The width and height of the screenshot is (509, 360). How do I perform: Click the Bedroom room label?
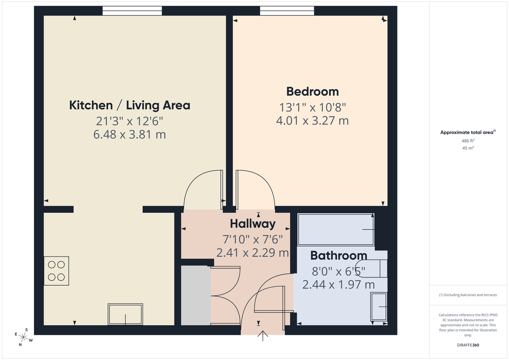313,92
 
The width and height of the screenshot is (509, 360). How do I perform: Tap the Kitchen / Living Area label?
129,105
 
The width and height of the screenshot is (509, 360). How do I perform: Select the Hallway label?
253,223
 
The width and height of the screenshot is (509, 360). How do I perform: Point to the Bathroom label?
338,256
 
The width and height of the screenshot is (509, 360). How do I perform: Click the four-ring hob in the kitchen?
56,271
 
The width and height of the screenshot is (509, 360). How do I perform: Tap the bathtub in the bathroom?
336,229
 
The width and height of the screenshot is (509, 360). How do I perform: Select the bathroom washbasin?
379,306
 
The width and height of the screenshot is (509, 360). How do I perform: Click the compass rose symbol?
24,337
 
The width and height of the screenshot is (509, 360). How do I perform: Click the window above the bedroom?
287,11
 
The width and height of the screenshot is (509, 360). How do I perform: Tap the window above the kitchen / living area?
132,11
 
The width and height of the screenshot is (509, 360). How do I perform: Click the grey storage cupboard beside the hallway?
196,296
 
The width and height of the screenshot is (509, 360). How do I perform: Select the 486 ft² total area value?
468,140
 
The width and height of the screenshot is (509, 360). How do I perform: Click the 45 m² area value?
468,148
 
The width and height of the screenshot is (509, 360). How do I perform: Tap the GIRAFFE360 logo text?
468,345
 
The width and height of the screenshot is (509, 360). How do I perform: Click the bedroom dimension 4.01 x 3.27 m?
312,120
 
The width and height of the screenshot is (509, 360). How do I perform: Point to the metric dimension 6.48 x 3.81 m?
129,135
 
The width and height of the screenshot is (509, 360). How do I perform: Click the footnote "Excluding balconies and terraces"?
468,295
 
